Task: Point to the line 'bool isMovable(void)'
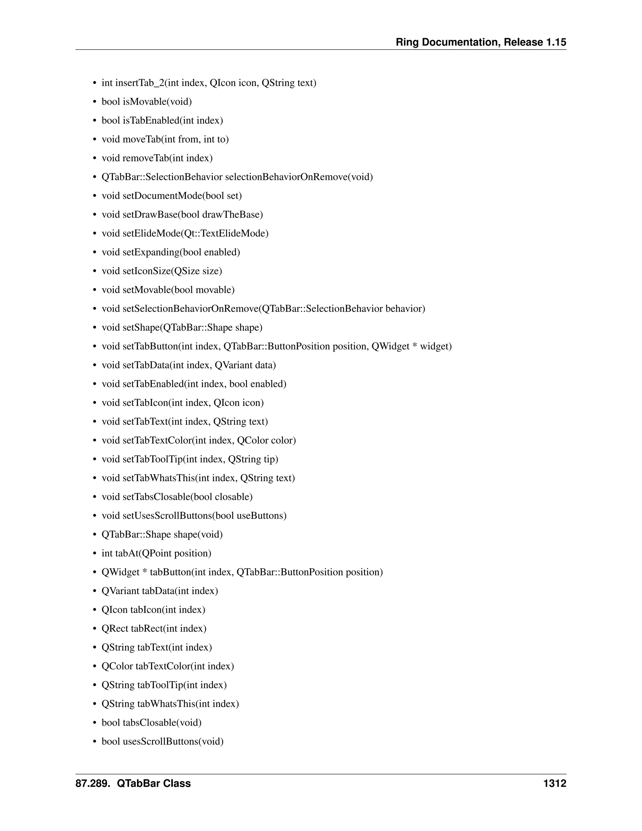[x=147, y=102]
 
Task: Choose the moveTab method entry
[x=165, y=139]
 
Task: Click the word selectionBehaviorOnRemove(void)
[x=299, y=177]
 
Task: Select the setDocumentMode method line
[x=171, y=196]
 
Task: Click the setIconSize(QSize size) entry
[x=162, y=271]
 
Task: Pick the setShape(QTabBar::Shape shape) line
[x=182, y=328]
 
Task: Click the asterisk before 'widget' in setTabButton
[x=414, y=347]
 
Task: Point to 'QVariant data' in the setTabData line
[x=245, y=365]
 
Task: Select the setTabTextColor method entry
[x=198, y=440]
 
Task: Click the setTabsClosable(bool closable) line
[x=177, y=497]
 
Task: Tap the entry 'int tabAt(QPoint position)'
[x=156, y=553]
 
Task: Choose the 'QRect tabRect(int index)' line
[x=154, y=628]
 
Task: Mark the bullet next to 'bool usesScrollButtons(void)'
[x=95, y=742]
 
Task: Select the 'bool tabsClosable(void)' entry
[x=151, y=722]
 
